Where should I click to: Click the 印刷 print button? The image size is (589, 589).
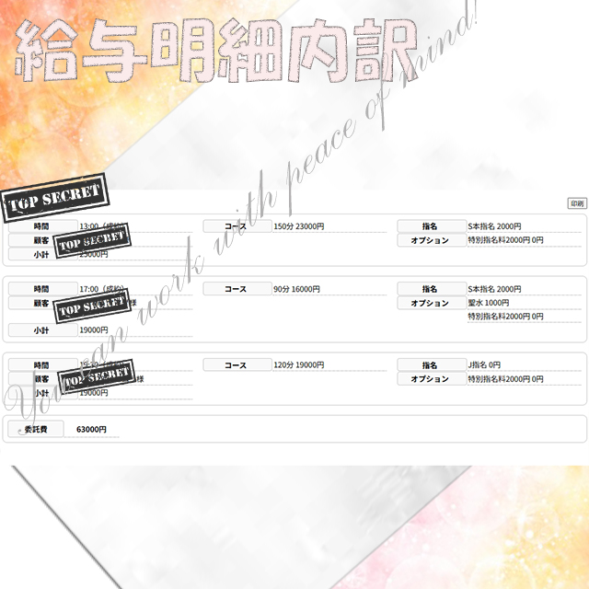click(576, 203)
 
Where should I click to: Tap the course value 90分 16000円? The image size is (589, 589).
click(296, 289)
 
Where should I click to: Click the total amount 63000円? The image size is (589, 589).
click(91, 429)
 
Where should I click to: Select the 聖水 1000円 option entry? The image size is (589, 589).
click(489, 303)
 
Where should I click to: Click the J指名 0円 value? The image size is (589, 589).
click(484, 365)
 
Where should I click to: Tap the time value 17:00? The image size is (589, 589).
click(89, 289)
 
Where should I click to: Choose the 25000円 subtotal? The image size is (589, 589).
click(93, 254)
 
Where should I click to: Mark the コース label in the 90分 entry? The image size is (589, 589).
click(237, 289)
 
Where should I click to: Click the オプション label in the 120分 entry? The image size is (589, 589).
click(430, 379)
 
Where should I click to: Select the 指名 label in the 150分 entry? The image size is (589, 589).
click(430, 226)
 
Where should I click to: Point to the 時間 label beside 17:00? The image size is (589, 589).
click(41, 289)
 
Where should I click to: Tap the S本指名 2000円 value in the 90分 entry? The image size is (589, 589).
click(494, 289)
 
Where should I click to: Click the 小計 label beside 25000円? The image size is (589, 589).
click(41, 254)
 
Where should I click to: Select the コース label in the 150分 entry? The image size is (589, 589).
click(237, 226)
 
